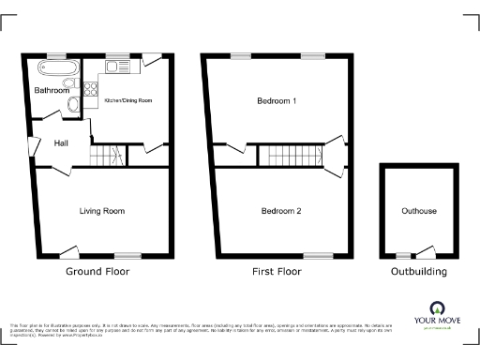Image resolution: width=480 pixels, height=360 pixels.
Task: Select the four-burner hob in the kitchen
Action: pyautogui.click(x=92, y=90)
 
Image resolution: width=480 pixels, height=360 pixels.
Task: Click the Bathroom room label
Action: pyautogui.click(x=52, y=91)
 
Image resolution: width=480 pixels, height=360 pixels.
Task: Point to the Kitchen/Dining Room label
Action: pyautogui.click(x=128, y=99)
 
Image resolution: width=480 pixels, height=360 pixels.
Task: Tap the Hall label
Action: pyautogui.click(x=60, y=142)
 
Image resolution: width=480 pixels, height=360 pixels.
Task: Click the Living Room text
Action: pyautogui.click(x=102, y=211)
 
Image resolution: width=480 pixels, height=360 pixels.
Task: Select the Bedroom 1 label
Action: pyautogui.click(x=277, y=100)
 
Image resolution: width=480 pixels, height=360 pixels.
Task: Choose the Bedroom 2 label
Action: pyautogui.click(x=280, y=211)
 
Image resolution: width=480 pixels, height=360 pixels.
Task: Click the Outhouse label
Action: pyautogui.click(x=418, y=211)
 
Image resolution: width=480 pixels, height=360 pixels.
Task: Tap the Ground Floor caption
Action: pyautogui.click(x=97, y=272)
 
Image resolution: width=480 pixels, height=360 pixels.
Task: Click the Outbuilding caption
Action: pyautogui.click(x=419, y=272)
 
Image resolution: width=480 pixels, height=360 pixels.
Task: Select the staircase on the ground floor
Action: pyautogui.click(x=106, y=155)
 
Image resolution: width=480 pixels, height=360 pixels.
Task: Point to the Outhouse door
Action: pyautogui.click(x=427, y=251)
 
